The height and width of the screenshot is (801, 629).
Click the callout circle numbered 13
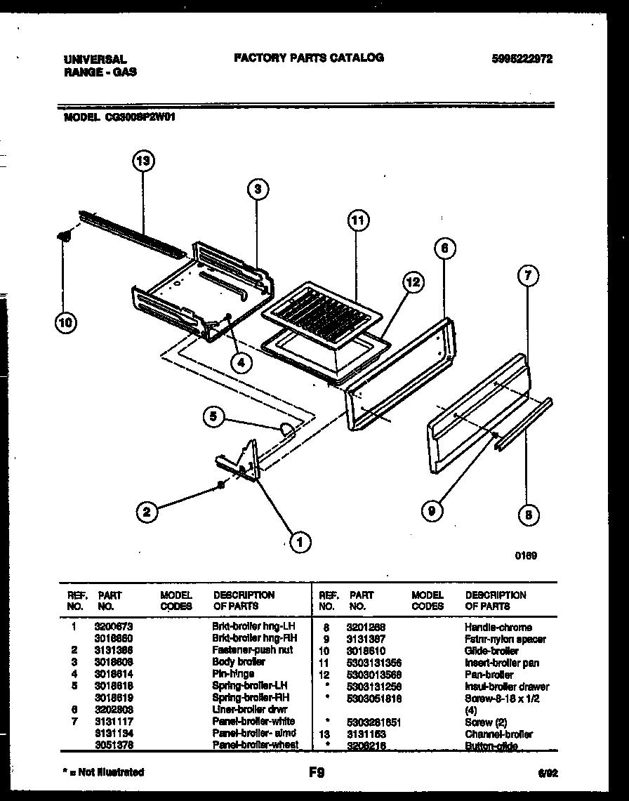point(143,161)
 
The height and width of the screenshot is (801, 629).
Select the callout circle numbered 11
point(358,220)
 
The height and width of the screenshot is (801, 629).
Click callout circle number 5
point(213,418)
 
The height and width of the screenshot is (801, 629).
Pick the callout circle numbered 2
point(146,512)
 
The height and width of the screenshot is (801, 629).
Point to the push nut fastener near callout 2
point(220,484)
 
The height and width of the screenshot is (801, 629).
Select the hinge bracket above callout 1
point(242,463)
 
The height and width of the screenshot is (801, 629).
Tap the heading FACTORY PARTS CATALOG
point(308,58)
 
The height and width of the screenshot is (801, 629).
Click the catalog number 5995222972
point(522,60)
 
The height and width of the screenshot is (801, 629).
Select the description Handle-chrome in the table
point(498,627)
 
